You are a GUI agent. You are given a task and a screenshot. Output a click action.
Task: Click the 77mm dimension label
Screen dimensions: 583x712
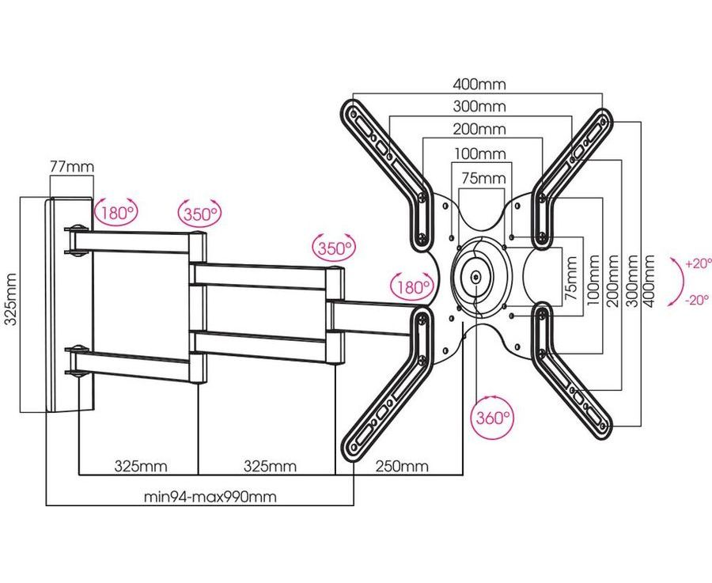coord(71,167)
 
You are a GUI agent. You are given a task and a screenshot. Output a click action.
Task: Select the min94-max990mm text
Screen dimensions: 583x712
coord(210,498)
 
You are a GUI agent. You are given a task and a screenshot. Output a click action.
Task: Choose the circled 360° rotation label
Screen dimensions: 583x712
coord(491,418)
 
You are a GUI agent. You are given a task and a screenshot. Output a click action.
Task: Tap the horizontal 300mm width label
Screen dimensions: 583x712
coord(479,107)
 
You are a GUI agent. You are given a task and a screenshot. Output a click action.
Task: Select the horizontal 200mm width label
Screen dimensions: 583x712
coord(479,129)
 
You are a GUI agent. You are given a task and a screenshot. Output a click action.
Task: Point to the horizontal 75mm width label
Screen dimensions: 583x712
coord(483,179)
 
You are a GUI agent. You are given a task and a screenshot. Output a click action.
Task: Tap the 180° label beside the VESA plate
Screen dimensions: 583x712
coord(411,286)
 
